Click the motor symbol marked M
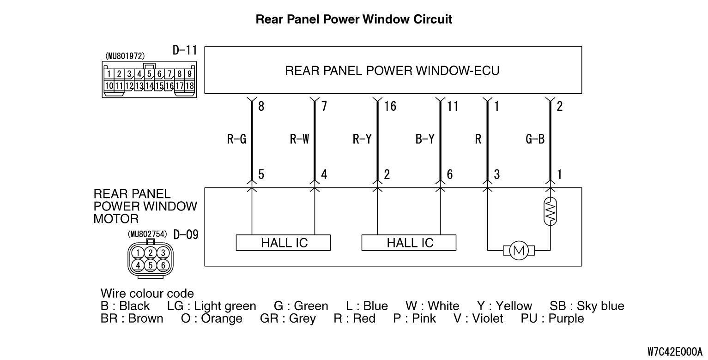tap(519, 251)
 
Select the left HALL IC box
tap(283, 242)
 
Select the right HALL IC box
tap(409, 242)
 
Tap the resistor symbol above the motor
tap(550, 211)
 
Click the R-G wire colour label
tap(236, 139)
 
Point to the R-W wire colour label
tap(299, 139)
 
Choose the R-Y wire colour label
tap(362, 139)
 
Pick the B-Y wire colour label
tap(425, 139)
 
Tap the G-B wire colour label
tap(535, 139)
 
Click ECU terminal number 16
tap(390, 107)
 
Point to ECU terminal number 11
tap(453, 107)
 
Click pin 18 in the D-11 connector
tap(189, 85)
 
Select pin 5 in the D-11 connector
tap(149, 74)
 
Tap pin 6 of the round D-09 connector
tap(163, 265)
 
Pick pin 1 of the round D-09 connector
tap(138, 252)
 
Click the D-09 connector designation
tap(186, 234)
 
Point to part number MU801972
tap(125, 56)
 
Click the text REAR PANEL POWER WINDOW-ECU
tap(392, 71)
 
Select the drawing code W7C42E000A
tap(674, 352)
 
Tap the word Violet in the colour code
tap(487, 318)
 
